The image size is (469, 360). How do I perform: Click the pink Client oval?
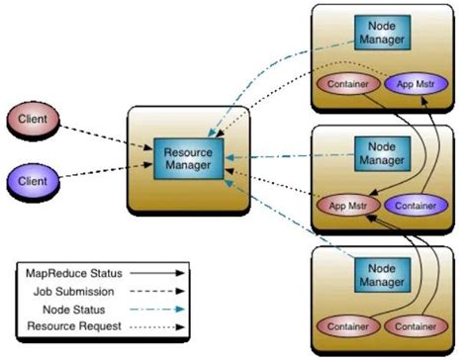pyautogui.click(x=33, y=119)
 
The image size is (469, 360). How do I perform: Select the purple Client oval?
pyautogui.click(x=33, y=181)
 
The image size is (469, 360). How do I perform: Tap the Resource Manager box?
pyautogui.click(x=189, y=159)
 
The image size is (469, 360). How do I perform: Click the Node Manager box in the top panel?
pyautogui.click(x=382, y=33)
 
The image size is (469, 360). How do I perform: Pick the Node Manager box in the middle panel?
pyautogui.click(x=382, y=153)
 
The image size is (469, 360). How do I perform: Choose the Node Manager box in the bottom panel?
pyautogui.click(x=382, y=275)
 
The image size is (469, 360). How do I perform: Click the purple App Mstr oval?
pyautogui.click(x=417, y=84)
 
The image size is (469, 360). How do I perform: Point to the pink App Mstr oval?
pyautogui.click(x=348, y=206)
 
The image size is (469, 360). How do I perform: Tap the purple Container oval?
pyautogui.click(x=417, y=206)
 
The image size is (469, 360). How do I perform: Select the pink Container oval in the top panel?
pyautogui.click(x=348, y=84)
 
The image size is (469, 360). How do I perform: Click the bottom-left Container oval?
pyautogui.click(x=348, y=326)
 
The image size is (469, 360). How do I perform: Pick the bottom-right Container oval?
pyautogui.click(x=417, y=326)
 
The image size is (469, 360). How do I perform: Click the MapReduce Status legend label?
pyautogui.click(x=74, y=273)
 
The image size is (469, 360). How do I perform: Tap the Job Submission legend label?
pyautogui.click(x=74, y=292)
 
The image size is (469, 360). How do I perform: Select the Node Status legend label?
pyautogui.click(x=74, y=310)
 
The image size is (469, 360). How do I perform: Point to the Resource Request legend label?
pyautogui.click(x=74, y=326)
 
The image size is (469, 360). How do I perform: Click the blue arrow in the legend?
pyautogui.click(x=157, y=310)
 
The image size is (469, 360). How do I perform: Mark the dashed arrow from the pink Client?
pyautogui.click(x=106, y=137)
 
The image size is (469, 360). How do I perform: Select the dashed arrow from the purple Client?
pyautogui.click(x=106, y=170)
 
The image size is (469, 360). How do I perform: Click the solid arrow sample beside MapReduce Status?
pyautogui.click(x=157, y=273)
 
